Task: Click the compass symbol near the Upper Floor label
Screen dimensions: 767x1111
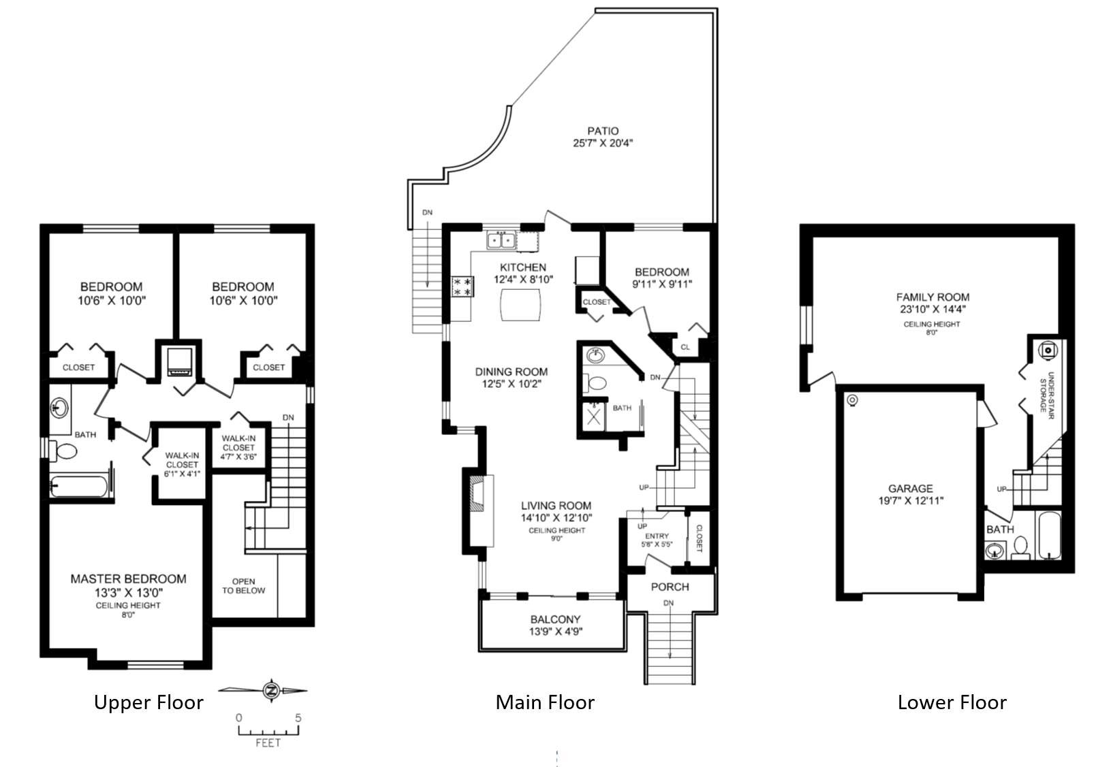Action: pyautogui.click(x=271, y=691)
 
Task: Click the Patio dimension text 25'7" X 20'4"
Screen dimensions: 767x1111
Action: pyautogui.click(x=604, y=144)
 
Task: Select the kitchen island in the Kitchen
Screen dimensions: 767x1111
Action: pyautogui.click(x=522, y=304)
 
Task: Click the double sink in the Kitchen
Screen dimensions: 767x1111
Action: pyautogui.click(x=501, y=240)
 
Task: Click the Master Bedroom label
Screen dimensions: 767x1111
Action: pyautogui.click(x=128, y=579)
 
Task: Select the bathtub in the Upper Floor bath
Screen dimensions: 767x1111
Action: pyautogui.click(x=79, y=487)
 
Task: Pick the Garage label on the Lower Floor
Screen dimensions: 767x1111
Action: pyautogui.click(x=910, y=489)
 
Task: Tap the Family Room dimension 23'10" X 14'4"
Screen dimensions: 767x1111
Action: pyautogui.click(x=932, y=309)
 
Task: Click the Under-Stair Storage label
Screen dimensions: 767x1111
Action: pyautogui.click(x=1046, y=391)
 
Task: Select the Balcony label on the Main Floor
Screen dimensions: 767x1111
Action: pyautogui.click(x=555, y=619)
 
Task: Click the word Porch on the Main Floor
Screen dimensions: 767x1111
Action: pyautogui.click(x=670, y=587)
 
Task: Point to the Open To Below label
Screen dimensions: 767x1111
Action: pyautogui.click(x=243, y=586)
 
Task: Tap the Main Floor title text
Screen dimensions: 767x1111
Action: pyautogui.click(x=545, y=702)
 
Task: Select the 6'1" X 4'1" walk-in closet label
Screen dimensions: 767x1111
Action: pyautogui.click(x=182, y=465)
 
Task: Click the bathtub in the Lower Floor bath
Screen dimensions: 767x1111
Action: pyautogui.click(x=1048, y=536)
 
